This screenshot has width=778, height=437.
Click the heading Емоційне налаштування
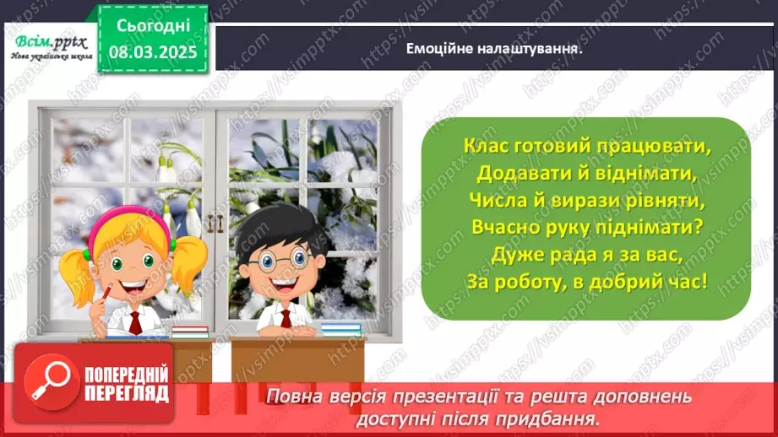pyautogui.click(x=496, y=48)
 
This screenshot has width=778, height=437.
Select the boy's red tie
pyautogui.click(x=286, y=318)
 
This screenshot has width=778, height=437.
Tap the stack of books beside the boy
pyautogui.click(x=340, y=328)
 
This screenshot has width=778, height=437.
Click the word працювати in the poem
pyautogui.click(x=650, y=146)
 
